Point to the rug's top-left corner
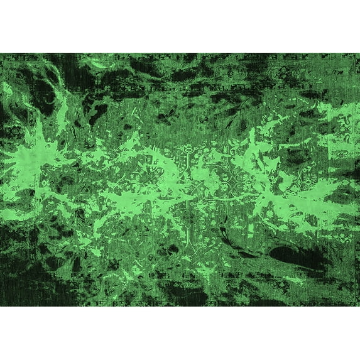click(1, 54)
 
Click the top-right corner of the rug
click(358, 54)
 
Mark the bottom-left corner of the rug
click(1, 305)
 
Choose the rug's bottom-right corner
click(358, 305)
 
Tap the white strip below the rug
click(180, 333)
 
